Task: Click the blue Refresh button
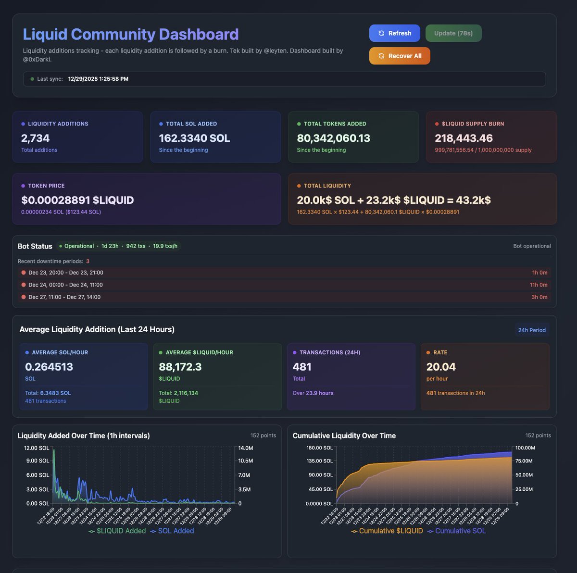click(394, 33)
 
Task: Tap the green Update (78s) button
click(453, 33)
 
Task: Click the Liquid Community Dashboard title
click(130, 34)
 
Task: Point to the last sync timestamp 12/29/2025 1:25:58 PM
click(98, 79)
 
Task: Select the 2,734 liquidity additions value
click(35, 138)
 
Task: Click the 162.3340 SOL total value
click(194, 138)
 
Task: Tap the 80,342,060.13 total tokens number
click(333, 138)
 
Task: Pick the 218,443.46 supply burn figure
click(464, 138)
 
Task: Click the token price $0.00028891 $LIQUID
click(77, 200)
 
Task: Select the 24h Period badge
click(531, 330)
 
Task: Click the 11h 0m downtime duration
click(538, 285)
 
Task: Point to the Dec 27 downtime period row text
click(64, 297)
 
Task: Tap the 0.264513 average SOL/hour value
click(49, 367)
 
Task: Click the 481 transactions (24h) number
click(302, 367)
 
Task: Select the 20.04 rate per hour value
click(440, 367)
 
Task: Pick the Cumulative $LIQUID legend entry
click(387, 531)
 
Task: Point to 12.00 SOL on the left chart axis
click(37, 448)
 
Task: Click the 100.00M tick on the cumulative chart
click(525, 448)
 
